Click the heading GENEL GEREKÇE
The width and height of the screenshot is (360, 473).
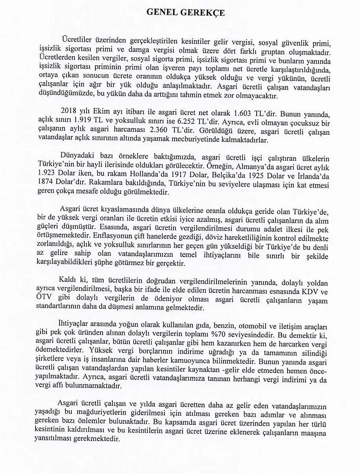point(186,13)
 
